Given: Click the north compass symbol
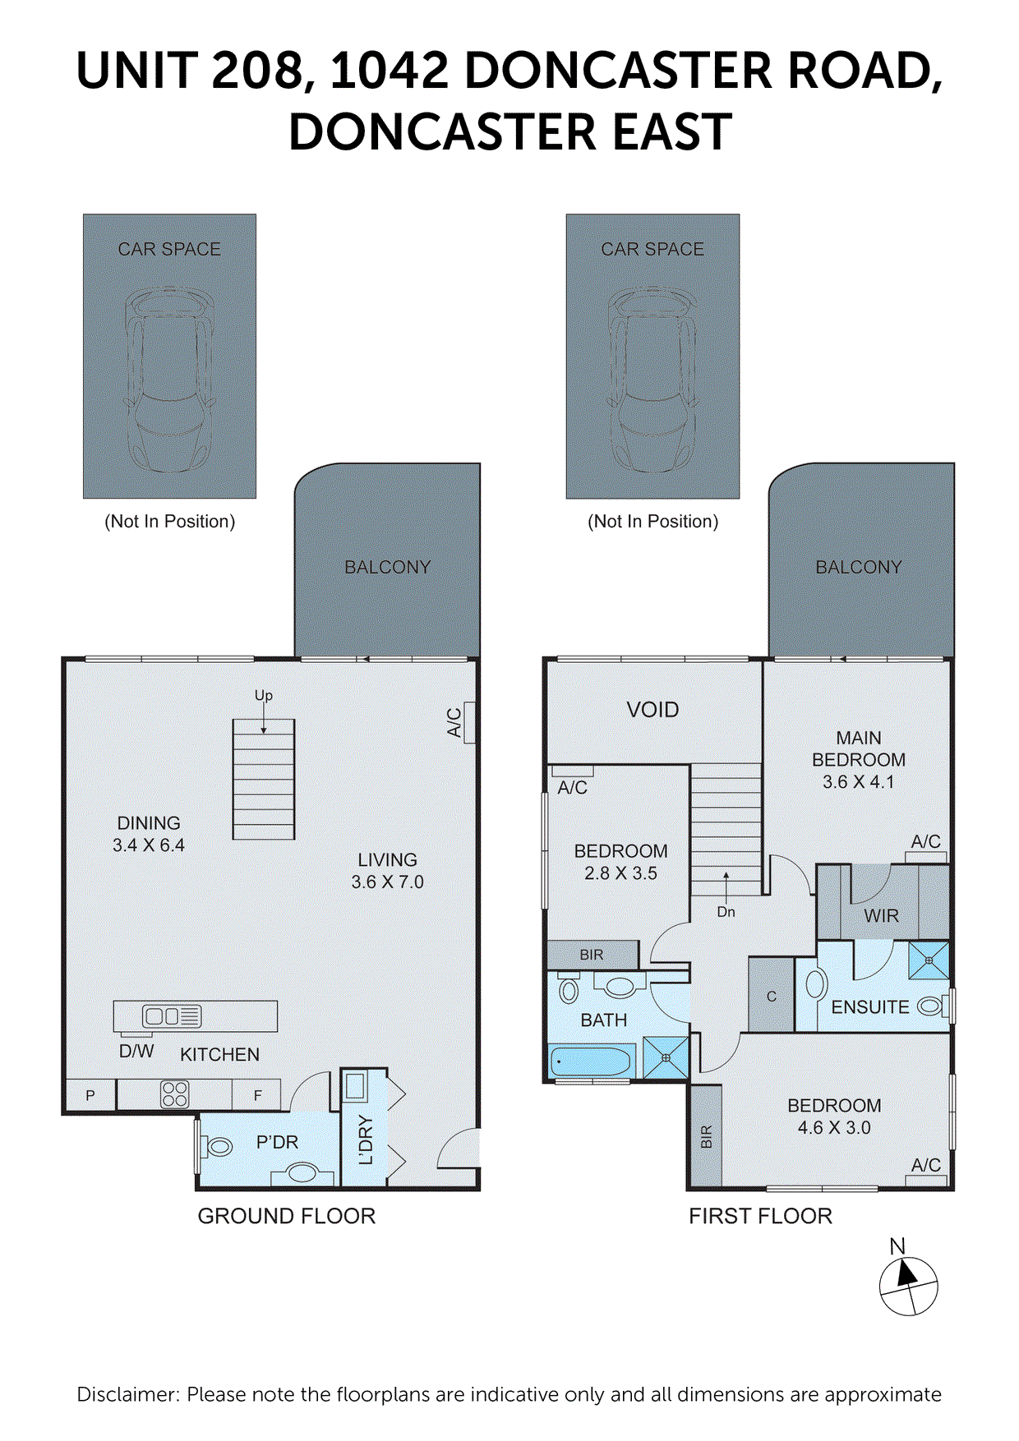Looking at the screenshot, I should (x=908, y=1285).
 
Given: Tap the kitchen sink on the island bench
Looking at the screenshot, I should (x=162, y=1016).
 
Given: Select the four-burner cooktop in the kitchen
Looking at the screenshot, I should (x=175, y=1094).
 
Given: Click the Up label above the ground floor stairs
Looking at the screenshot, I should (x=263, y=696).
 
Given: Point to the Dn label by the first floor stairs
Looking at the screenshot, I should (x=726, y=912).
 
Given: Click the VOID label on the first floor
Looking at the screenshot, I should (x=652, y=710).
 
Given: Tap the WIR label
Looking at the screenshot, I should (x=881, y=916).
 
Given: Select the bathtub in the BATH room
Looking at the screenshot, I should (x=590, y=1061).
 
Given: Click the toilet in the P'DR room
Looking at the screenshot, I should (x=218, y=1146).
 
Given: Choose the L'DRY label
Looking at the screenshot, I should (x=366, y=1140).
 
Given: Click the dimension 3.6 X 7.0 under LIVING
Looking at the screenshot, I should (x=387, y=882).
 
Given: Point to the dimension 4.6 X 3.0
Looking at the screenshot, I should (x=833, y=1128).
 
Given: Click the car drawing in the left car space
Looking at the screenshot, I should (x=169, y=380).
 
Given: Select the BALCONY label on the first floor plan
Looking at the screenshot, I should (x=858, y=567).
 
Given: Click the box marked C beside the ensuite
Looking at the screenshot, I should (x=771, y=996).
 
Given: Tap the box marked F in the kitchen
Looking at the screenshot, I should (x=257, y=1095).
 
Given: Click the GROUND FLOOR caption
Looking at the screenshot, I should (x=286, y=1216).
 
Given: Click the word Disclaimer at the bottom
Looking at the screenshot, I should (x=127, y=1394).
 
